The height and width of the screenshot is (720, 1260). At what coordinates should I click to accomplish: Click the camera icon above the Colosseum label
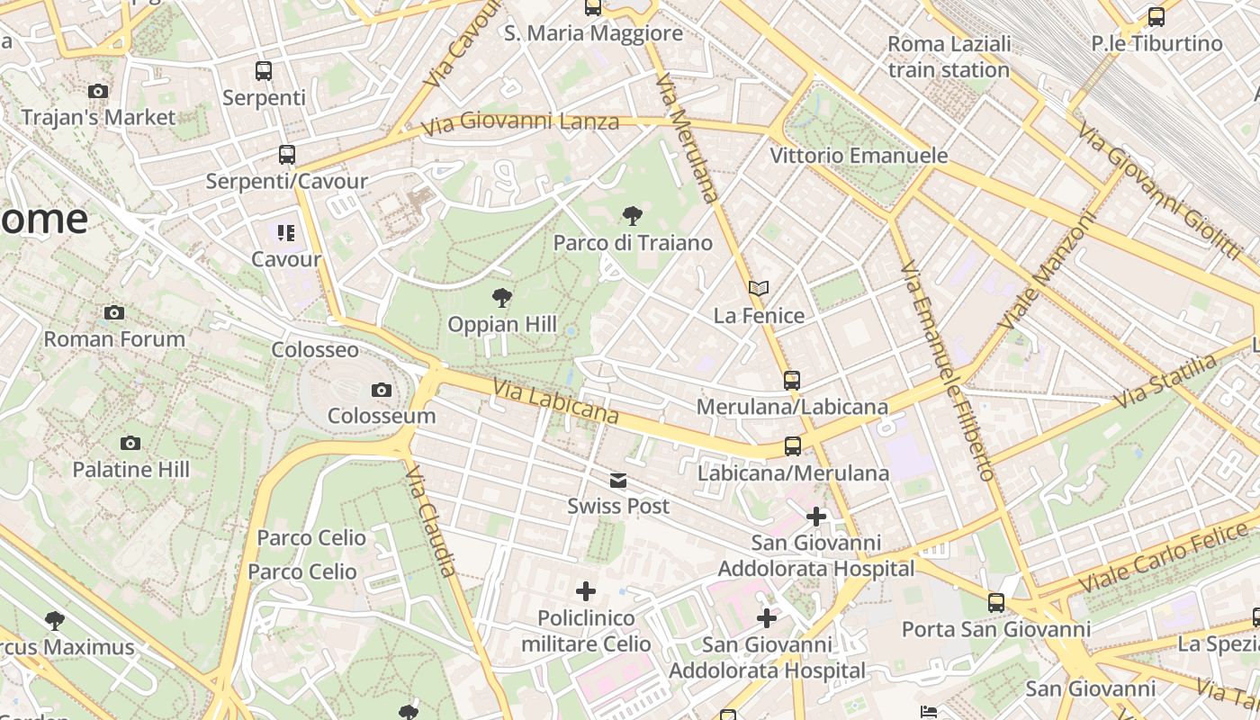(382, 390)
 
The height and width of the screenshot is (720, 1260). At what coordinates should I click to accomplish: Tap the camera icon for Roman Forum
(114, 312)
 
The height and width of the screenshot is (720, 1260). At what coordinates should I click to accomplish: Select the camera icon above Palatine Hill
(130, 443)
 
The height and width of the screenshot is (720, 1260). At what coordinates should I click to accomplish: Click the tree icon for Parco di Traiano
(633, 215)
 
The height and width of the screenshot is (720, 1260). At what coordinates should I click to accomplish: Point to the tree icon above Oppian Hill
(501, 297)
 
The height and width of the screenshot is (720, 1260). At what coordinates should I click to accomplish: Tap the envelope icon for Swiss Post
(618, 481)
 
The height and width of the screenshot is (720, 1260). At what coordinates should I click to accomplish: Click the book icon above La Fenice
(759, 288)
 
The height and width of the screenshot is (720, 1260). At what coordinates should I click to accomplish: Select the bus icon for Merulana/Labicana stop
(792, 380)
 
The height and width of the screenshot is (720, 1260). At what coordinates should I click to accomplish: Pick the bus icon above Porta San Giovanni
(996, 603)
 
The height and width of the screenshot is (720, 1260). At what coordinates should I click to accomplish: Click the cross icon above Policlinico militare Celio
(586, 590)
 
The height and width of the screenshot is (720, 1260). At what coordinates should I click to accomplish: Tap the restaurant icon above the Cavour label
(286, 233)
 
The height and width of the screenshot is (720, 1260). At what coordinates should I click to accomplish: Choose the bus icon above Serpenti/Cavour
(286, 155)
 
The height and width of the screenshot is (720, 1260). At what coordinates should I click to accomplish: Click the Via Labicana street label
(556, 401)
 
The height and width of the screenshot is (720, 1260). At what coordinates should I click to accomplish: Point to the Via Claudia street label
(431, 521)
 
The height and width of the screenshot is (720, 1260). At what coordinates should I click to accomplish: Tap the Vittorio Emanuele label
(859, 156)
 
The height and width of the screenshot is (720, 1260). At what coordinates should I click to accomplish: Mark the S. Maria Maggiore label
(593, 33)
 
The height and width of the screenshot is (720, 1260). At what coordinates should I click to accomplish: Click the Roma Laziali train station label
(949, 56)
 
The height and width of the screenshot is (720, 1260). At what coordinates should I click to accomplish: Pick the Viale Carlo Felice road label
(1166, 562)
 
